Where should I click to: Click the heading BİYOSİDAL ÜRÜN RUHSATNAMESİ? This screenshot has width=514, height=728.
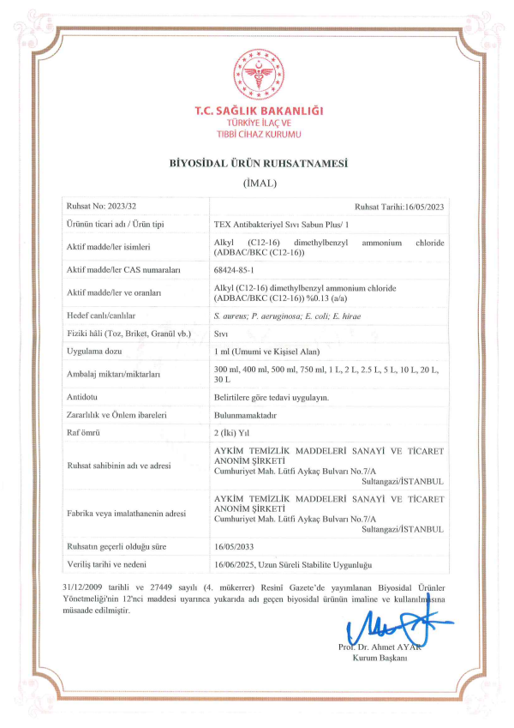pyautogui.click(x=257, y=163)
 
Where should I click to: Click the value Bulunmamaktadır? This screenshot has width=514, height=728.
pyautogui.click(x=245, y=414)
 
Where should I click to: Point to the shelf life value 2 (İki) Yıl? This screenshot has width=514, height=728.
pyautogui.click(x=236, y=432)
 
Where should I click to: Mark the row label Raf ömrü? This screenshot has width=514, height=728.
pyautogui.click(x=84, y=432)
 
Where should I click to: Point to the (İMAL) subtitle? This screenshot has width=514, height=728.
pyautogui.click(x=257, y=183)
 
